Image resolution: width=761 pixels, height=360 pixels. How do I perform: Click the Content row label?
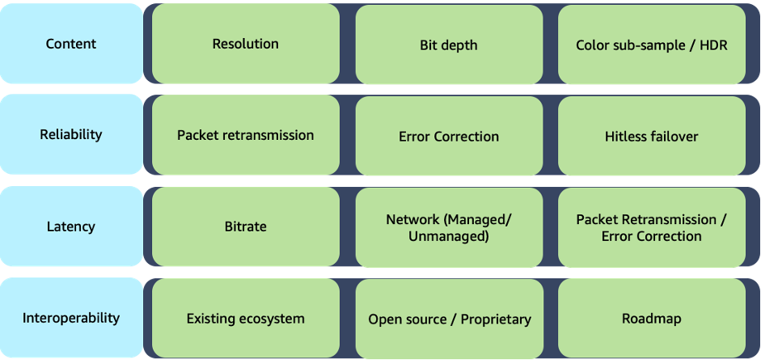click(x=71, y=44)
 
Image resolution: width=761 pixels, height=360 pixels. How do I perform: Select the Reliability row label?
click(x=71, y=134)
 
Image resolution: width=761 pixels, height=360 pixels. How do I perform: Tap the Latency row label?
click(x=71, y=227)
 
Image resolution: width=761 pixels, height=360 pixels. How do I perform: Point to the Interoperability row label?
click(x=71, y=317)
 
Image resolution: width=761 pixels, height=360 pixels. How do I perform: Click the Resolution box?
click(x=245, y=44)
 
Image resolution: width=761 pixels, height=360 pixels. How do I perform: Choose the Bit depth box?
click(x=449, y=44)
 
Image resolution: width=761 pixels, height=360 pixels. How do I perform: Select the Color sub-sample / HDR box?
click(x=651, y=44)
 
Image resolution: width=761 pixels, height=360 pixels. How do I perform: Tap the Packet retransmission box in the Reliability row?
click(x=245, y=135)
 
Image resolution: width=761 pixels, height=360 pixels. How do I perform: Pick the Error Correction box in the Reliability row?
click(x=449, y=136)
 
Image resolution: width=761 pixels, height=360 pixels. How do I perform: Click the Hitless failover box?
click(x=651, y=136)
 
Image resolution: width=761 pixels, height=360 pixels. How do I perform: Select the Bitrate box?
click(x=245, y=227)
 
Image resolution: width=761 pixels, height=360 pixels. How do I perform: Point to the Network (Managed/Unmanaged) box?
click(x=449, y=227)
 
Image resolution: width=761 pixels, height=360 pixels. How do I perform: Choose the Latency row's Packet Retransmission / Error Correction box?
click(x=651, y=227)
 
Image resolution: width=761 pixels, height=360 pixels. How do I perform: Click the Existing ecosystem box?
click(x=245, y=319)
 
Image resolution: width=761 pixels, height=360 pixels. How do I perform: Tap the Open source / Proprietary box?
click(x=449, y=319)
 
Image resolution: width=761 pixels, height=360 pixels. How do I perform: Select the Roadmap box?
click(x=651, y=319)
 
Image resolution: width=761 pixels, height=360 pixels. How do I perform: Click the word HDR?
click(x=712, y=45)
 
